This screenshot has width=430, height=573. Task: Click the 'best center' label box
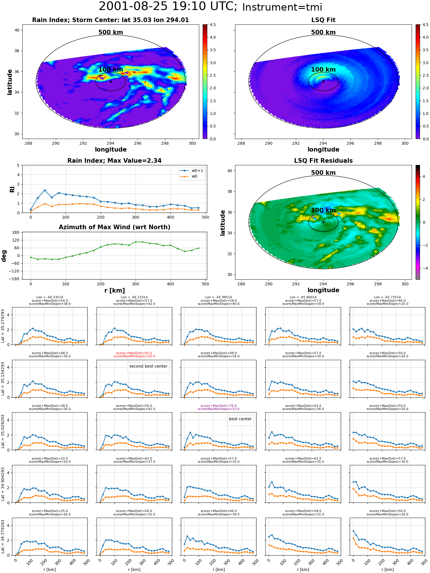[x=240, y=419]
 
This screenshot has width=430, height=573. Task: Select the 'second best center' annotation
[x=148, y=366]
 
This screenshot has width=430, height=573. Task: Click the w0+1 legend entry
[x=192, y=171]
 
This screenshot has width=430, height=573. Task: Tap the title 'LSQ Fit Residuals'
[x=323, y=161]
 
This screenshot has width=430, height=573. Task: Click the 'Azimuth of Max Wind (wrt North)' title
[x=114, y=227]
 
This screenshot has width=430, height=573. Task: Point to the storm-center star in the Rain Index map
[x=111, y=82]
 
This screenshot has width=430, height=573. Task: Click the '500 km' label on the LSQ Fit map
[x=323, y=32]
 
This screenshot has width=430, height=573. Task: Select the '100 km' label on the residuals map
[x=323, y=210]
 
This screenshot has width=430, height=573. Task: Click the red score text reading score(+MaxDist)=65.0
[x=134, y=353]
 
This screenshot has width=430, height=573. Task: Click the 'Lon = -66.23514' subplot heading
[x=50, y=297]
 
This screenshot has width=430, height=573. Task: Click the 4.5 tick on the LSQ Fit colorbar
[x=425, y=25]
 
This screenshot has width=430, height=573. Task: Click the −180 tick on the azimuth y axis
[x=15, y=279]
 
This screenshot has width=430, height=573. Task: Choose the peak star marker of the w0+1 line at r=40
[x=45, y=190]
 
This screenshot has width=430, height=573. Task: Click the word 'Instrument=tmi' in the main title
[x=282, y=7]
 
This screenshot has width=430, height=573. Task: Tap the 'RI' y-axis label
[x=12, y=189]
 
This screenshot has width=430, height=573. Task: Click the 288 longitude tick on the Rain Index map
[x=28, y=144]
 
